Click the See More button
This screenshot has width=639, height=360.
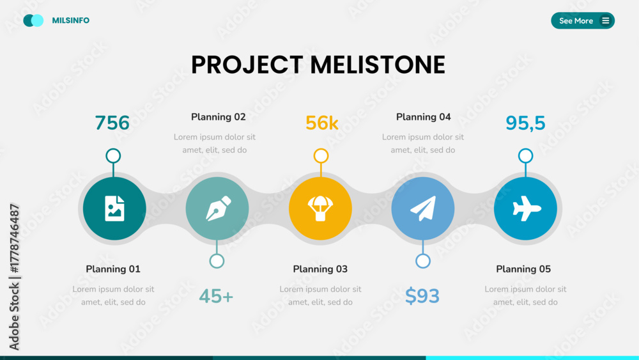coord(583,20)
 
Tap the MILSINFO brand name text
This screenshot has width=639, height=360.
coord(70,20)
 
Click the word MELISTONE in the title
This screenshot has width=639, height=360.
coord(378,65)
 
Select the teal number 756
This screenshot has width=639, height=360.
coord(112,123)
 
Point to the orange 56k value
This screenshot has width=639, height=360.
coord(321,123)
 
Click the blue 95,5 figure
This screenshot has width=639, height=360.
coord(525,123)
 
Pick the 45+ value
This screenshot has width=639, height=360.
coord(216,296)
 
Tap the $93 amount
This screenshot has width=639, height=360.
coord(422,296)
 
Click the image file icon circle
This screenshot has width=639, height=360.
coord(114,208)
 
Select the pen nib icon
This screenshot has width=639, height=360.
coord(218,208)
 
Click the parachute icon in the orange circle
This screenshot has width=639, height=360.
coord(320,208)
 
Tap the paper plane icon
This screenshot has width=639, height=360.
coord(423,208)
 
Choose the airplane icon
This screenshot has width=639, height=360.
coord(526,208)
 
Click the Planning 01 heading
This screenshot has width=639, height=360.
coord(113,269)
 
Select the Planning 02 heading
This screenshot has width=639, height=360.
coord(219,117)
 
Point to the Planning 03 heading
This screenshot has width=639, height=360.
coord(320,269)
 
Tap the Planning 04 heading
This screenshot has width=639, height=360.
coord(424,117)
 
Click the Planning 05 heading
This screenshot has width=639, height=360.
coord(523,269)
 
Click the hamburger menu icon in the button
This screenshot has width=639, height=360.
coord(606,20)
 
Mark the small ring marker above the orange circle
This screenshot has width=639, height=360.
coord(321,149)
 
